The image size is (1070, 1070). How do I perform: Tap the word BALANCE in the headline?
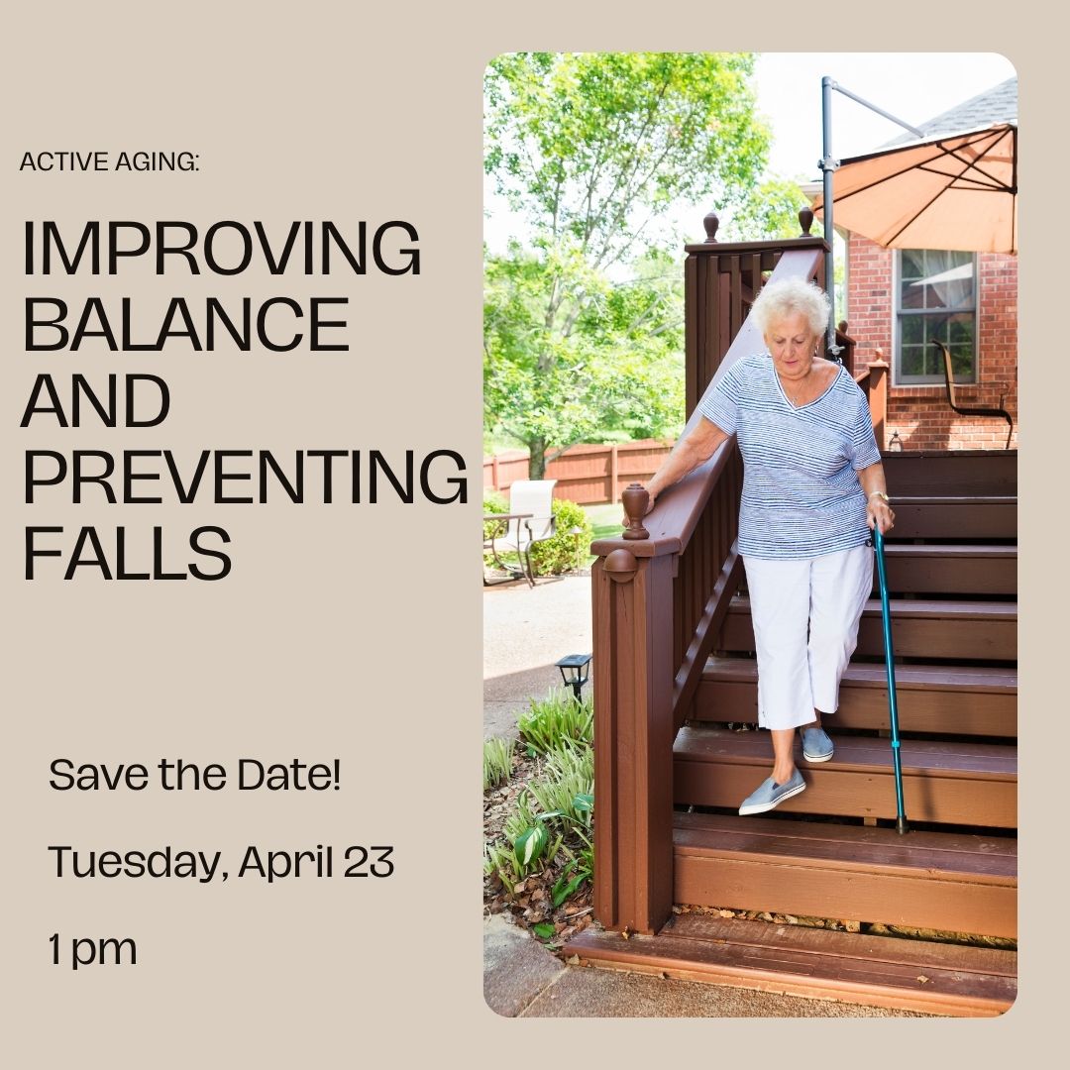185,325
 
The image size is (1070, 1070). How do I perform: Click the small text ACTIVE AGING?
109,161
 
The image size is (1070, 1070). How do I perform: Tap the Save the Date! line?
194,774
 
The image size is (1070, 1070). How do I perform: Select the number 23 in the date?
369,862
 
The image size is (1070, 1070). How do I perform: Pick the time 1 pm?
92,950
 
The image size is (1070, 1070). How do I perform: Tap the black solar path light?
574,672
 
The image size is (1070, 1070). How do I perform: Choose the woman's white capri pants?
804,624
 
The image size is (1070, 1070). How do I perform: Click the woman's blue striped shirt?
802,456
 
